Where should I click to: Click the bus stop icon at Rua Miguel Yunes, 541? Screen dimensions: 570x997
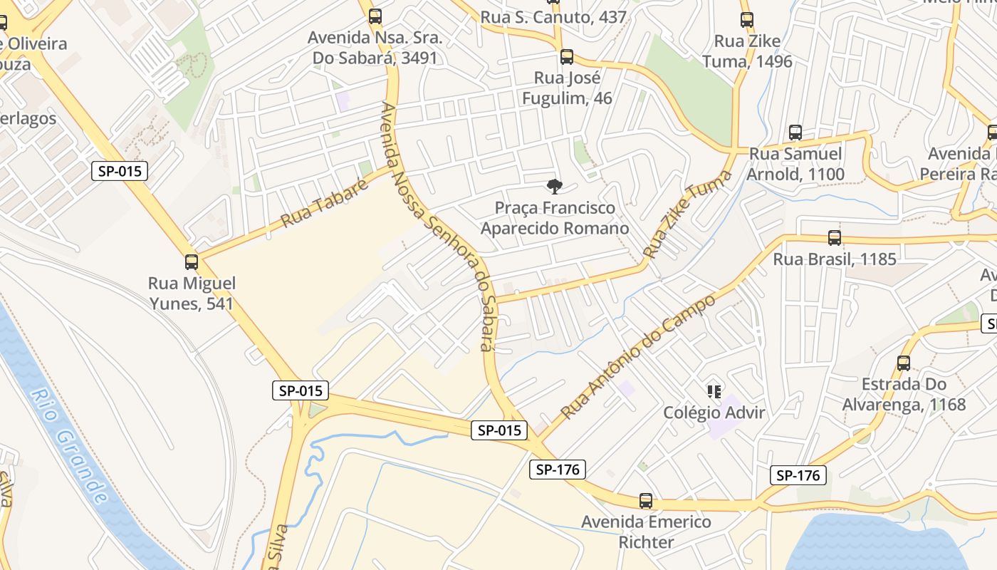(x=192, y=261)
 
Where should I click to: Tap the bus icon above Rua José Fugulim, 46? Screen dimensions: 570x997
(x=567, y=56)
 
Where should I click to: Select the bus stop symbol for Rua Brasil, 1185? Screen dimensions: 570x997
(x=835, y=238)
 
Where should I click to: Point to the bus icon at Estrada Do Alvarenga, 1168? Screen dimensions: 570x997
(x=904, y=363)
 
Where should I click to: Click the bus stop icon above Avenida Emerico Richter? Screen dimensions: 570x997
(x=646, y=501)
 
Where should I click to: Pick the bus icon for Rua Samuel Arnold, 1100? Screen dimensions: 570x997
(x=795, y=133)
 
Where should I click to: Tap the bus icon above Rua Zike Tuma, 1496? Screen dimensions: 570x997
(x=747, y=20)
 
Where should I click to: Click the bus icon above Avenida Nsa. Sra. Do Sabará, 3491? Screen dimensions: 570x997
(x=375, y=16)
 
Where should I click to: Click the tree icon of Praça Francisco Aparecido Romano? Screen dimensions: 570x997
(x=554, y=187)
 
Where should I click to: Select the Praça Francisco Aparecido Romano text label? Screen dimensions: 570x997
(x=555, y=218)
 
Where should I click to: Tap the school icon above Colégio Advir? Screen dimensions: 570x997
(x=714, y=391)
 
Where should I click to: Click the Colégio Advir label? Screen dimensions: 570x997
(x=714, y=413)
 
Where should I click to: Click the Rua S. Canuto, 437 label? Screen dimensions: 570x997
(x=553, y=17)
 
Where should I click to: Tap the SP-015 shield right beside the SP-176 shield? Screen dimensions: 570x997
(x=499, y=430)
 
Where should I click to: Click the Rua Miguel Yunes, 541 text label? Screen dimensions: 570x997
(x=192, y=293)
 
